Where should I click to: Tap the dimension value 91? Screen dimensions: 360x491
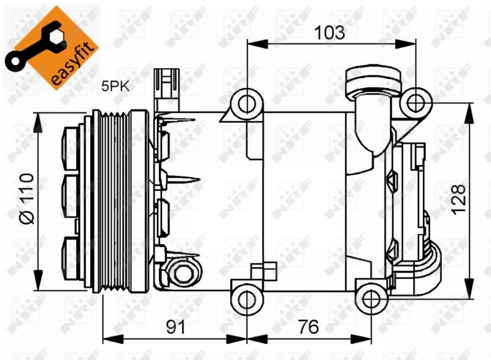click(x=176, y=326)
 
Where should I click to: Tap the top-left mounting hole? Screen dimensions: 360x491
click(x=246, y=102)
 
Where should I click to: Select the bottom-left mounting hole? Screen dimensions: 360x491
click(x=246, y=299)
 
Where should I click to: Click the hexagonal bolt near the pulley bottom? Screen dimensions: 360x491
click(x=181, y=271)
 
